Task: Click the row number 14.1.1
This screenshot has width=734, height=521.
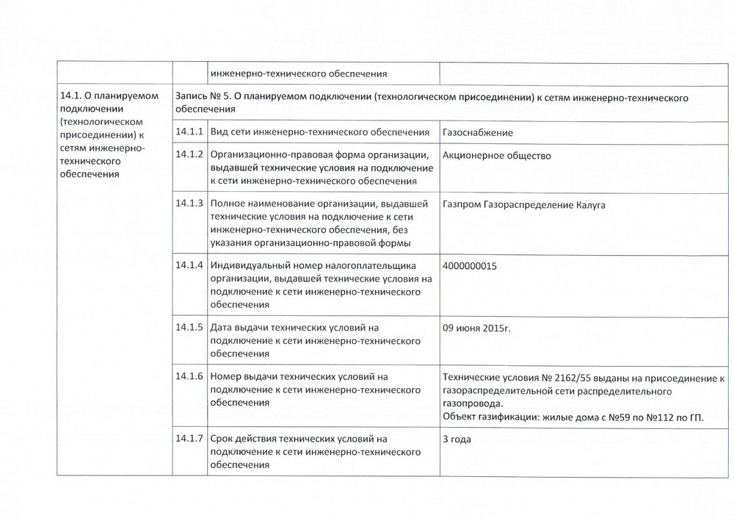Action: click(189, 132)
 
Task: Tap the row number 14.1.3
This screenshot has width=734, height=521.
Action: click(189, 203)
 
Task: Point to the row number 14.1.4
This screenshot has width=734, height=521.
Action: click(189, 265)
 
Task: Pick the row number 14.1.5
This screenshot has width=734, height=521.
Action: click(189, 327)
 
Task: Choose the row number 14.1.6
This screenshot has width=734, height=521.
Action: click(189, 377)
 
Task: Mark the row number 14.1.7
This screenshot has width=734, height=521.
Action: click(189, 439)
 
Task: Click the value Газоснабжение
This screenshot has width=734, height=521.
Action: click(478, 132)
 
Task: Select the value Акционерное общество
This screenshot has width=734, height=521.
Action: click(497, 156)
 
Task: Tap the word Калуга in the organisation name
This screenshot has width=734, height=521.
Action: click(588, 204)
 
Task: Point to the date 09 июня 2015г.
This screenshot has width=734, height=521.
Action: click(476, 328)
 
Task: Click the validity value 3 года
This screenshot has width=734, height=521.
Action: click(457, 439)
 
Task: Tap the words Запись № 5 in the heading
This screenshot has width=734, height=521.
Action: click(203, 97)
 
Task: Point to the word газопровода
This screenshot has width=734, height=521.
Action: click(473, 404)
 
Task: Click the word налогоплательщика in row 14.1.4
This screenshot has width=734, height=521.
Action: click(371, 265)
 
